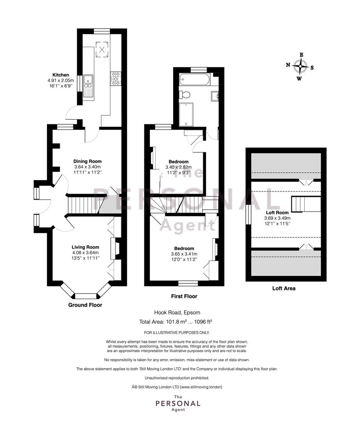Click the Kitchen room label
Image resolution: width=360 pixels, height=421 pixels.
point(61,75)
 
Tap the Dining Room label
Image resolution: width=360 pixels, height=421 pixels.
point(88,161)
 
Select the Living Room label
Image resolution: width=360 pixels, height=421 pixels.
point(85,247)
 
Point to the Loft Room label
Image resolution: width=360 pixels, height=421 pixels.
point(277,213)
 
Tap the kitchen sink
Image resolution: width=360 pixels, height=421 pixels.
point(88,86)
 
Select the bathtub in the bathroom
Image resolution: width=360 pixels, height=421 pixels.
point(195,80)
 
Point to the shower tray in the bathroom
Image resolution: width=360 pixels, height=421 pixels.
point(186,114)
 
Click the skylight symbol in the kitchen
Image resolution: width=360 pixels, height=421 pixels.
point(102,49)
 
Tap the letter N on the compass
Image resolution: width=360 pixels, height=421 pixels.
point(288,65)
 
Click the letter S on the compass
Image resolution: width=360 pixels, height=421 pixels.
point(312,68)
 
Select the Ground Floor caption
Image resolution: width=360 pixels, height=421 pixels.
point(85,305)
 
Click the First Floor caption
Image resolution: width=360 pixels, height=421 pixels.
point(184,296)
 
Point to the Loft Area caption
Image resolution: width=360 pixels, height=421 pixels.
point(284,288)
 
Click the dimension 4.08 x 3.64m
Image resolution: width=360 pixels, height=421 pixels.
point(85,253)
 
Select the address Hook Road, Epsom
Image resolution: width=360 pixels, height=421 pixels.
point(177,313)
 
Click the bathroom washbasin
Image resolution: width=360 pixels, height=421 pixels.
point(215,96)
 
